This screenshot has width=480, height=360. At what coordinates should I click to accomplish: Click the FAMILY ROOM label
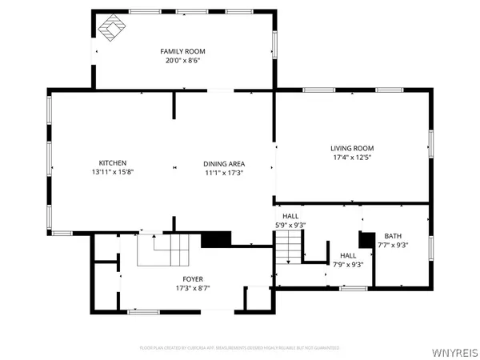point(183,50)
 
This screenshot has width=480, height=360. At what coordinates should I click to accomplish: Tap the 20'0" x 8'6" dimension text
point(183,60)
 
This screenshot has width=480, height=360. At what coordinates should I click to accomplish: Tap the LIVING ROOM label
point(352,148)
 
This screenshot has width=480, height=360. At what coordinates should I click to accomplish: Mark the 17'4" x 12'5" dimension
point(352,158)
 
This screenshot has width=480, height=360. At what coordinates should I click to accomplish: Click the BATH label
point(393,236)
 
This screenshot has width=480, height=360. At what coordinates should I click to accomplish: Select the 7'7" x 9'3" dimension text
point(393,246)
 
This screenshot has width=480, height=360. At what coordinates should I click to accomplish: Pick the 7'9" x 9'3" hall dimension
point(348,265)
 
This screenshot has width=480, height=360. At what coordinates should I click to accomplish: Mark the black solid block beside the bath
point(367,240)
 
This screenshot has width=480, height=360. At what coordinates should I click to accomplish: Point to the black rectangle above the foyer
point(215,239)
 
